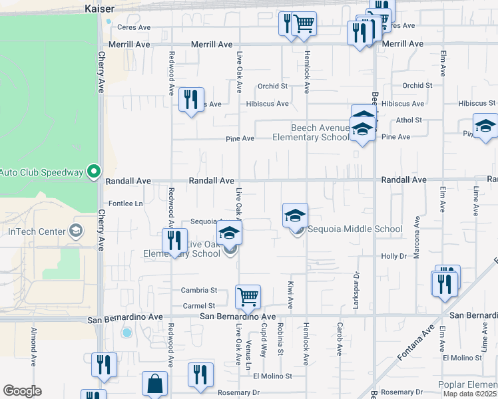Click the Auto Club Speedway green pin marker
(94, 172)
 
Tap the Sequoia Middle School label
(354, 229)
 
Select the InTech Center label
(37, 231)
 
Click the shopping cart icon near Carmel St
(248, 297)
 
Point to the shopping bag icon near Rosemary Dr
(154, 383)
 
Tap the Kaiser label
(100, 9)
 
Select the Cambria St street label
(199, 291)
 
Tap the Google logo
(22, 391)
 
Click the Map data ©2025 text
(470, 394)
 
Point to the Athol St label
(409, 120)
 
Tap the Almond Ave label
(33, 348)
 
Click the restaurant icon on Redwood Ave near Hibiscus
(191, 100)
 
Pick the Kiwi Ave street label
(291, 294)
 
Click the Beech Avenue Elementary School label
(311, 132)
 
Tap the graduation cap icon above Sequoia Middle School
(295, 215)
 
